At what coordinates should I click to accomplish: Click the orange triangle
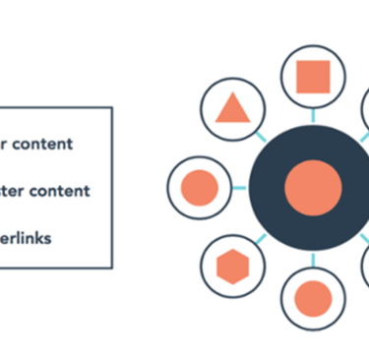click(231, 108)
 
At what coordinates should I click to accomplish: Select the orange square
click(312, 76)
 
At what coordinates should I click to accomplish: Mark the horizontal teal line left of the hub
click(239, 186)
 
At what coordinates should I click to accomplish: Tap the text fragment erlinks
click(28, 236)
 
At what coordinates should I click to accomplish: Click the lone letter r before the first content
click(3, 145)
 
